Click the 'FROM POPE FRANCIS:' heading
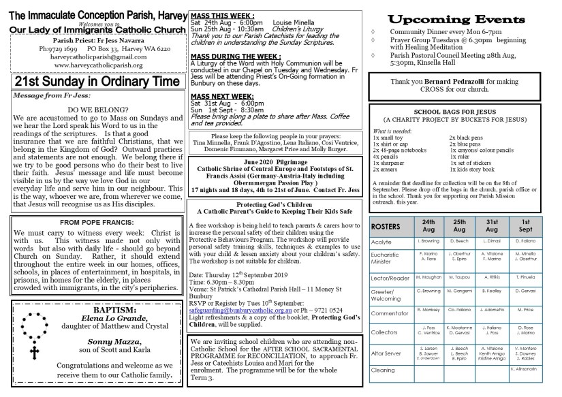[94, 223]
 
